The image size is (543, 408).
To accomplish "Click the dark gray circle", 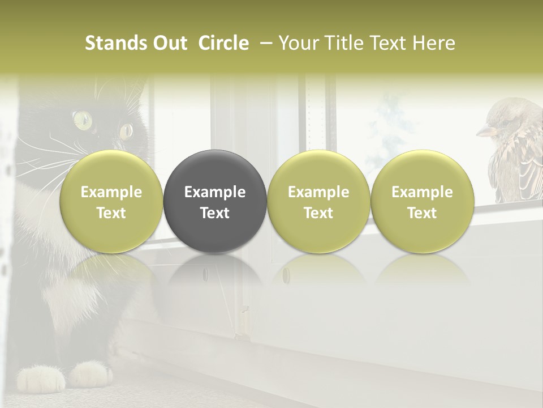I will pyautogui.click(x=215, y=201).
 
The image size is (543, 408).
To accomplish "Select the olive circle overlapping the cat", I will pyautogui.click(x=111, y=201).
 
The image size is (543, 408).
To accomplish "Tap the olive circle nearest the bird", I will pyautogui.click(x=422, y=201).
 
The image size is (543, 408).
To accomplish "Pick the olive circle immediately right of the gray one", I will pyautogui.click(x=318, y=201).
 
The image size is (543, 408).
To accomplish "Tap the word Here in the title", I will pyautogui.click(x=436, y=43).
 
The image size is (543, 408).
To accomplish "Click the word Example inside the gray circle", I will pyautogui.click(x=215, y=192).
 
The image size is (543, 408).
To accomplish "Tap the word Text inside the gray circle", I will pyautogui.click(x=215, y=213).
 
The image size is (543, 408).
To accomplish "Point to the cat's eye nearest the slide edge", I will pyautogui.click(x=82, y=119).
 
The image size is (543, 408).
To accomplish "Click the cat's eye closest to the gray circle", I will pyautogui.click(x=126, y=131).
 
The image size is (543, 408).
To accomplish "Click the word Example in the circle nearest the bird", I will pyautogui.click(x=422, y=192).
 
